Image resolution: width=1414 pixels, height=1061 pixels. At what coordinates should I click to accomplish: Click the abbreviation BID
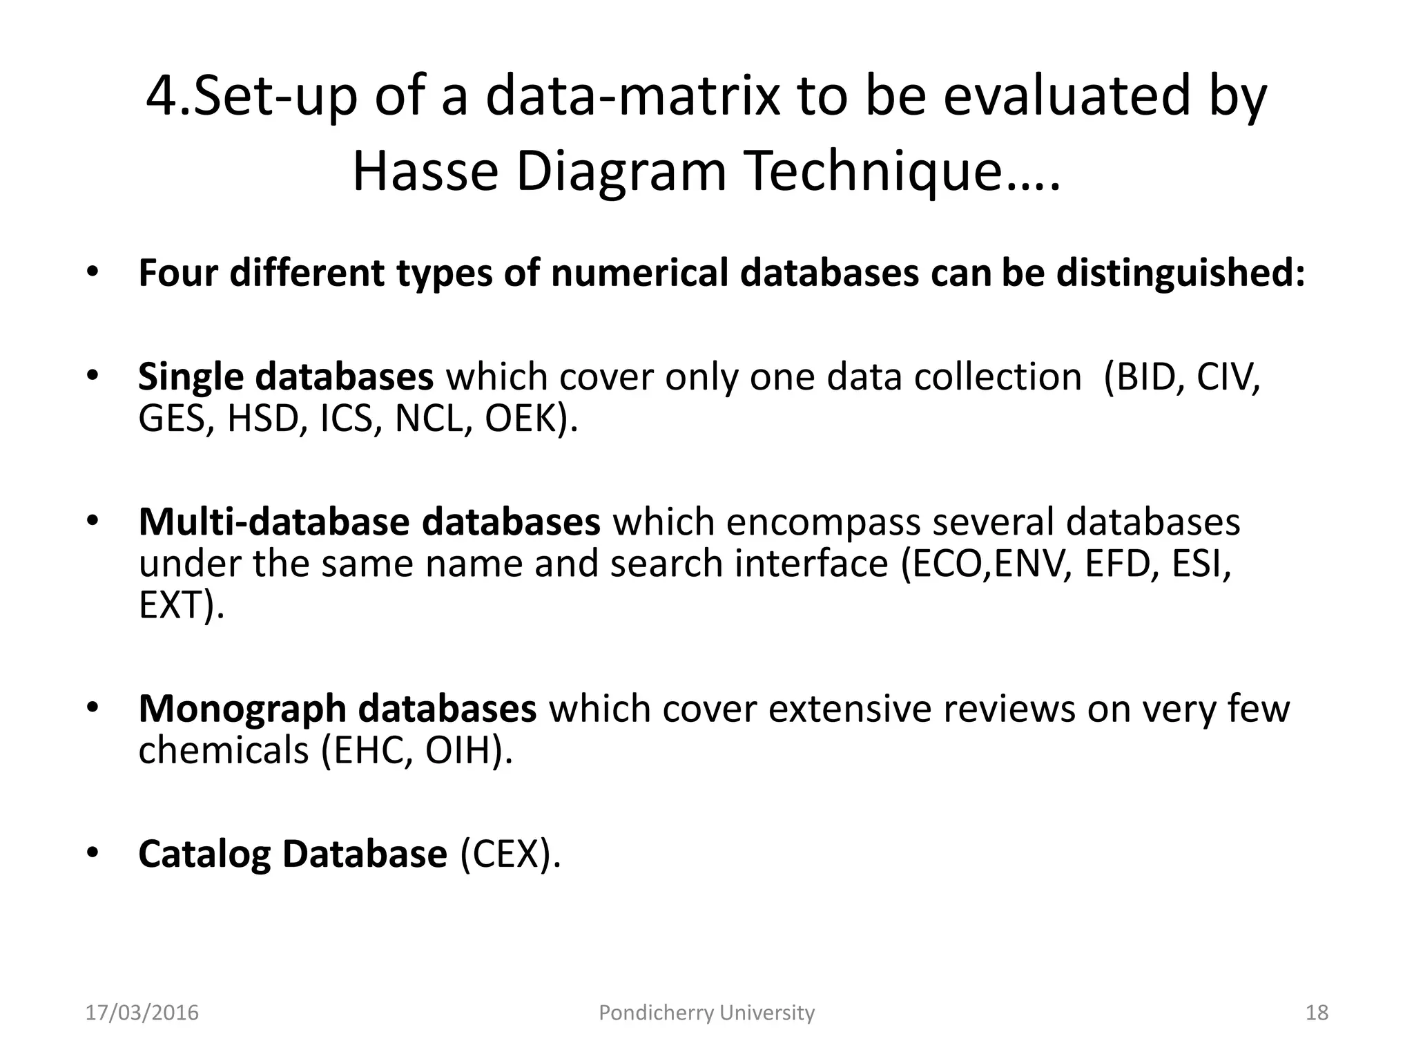[x=1145, y=377]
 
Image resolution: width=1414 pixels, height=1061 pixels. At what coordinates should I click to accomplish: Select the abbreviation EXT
[x=173, y=605]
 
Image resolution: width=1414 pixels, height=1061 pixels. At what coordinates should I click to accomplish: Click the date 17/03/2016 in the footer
[x=142, y=1013]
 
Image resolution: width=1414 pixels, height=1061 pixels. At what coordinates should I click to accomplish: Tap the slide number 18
[x=1317, y=1013]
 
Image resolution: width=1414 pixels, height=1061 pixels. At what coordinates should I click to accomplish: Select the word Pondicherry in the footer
[x=655, y=1013]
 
